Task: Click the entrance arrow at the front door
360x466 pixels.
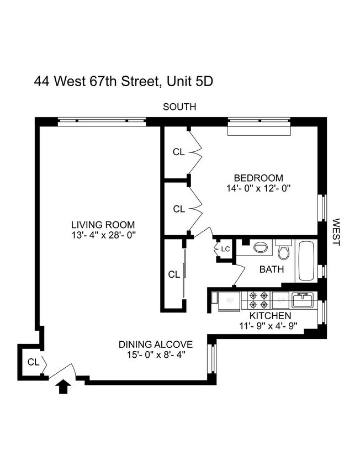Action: pos(63,387)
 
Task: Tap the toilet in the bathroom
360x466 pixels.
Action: pos(284,251)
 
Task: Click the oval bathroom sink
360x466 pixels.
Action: pos(260,248)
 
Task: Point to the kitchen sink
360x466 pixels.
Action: pos(303,300)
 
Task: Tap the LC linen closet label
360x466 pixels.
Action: pos(225,250)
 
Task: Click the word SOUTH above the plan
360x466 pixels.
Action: pos(179,107)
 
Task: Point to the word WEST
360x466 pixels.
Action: pos(336,232)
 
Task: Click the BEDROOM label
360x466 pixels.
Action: pos(258,178)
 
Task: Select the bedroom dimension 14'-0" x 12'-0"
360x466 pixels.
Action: pos(258,188)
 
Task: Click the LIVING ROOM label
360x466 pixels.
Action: pos(103,225)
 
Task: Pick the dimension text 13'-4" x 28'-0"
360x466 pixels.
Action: pos(103,235)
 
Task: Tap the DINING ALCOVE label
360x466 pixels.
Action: pos(155,345)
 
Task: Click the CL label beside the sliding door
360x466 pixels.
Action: pos(173,274)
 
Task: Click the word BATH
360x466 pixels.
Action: pos(272,270)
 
